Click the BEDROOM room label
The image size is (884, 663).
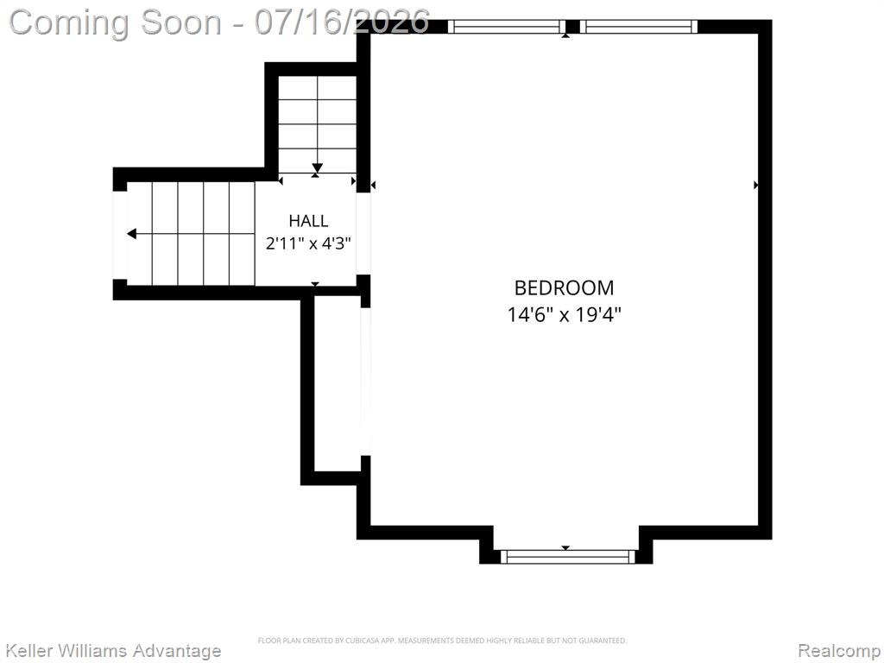[x=564, y=288]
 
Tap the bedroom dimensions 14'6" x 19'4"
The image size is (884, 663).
[x=564, y=314]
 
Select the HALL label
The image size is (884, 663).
[x=308, y=220]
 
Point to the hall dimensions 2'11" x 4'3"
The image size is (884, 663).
[x=308, y=243]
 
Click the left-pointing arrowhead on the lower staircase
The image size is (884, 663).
[x=131, y=233]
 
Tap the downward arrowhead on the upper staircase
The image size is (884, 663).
[x=318, y=167]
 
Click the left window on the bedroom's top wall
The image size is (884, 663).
[x=506, y=27]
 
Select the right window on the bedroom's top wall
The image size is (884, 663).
[x=639, y=27]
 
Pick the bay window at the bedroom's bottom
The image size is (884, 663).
[x=568, y=557]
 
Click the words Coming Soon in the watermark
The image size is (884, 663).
[x=116, y=22]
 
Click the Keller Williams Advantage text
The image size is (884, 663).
[x=113, y=651]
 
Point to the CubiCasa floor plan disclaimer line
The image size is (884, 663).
[x=442, y=641]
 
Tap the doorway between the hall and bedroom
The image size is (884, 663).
[x=363, y=233]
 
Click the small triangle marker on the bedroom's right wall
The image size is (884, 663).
[x=756, y=185]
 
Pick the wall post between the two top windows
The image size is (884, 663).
[x=572, y=27]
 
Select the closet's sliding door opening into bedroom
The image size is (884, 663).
[x=365, y=382]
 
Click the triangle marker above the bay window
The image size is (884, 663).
[x=566, y=548]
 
